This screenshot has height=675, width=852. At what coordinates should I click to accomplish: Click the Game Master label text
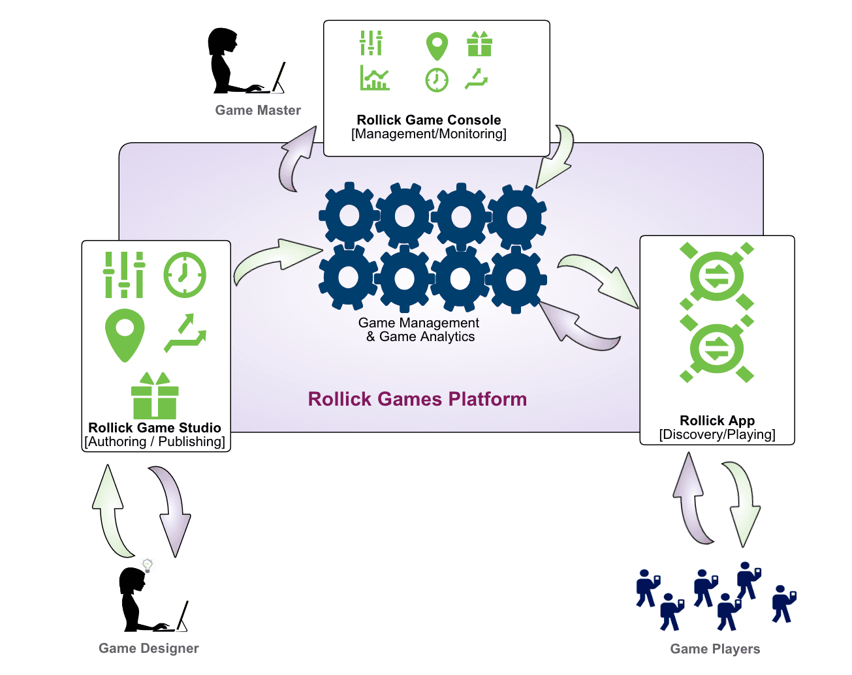click(x=258, y=110)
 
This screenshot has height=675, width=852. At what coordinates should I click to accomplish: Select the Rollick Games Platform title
click(x=417, y=399)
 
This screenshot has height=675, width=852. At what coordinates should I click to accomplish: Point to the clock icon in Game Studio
click(x=185, y=275)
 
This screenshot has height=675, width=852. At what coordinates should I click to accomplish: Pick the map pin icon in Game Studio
click(x=124, y=335)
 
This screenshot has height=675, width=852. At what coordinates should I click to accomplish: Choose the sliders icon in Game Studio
click(x=123, y=275)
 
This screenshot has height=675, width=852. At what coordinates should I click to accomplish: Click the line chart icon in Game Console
click(x=375, y=78)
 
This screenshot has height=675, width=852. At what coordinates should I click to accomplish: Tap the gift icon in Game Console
click(x=479, y=44)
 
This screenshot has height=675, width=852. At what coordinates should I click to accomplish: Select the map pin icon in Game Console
click(x=437, y=46)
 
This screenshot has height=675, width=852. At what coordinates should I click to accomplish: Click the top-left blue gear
click(x=349, y=216)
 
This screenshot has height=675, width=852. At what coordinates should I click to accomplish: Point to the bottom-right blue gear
click(x=516, y=279)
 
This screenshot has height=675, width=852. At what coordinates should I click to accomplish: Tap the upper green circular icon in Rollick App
click(x=717, y=276)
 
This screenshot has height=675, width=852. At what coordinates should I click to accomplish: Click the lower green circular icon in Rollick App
click(x=717, y=348)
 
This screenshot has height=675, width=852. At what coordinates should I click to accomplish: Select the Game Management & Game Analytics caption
click(x=419, y=329)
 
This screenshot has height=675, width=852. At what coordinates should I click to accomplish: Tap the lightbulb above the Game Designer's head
click(x=148, y=565)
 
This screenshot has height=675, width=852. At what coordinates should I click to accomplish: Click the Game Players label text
click(x=715, y=649)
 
